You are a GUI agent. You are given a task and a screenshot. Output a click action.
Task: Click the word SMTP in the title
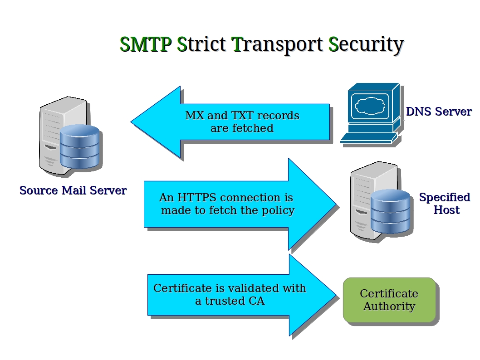pos(145,44)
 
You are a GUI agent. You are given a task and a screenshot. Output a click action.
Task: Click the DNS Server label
pos(438,112)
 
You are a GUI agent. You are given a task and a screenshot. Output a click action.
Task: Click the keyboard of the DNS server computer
pos(368,137)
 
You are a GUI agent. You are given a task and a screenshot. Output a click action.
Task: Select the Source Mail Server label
pos(73,190)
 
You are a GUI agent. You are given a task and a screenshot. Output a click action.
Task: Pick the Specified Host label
pos(445,204)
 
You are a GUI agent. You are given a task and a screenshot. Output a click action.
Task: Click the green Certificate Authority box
pos(389,300)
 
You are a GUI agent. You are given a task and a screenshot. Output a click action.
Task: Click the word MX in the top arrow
pos(194,116)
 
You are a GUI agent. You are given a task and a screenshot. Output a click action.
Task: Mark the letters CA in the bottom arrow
pos(256,301)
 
